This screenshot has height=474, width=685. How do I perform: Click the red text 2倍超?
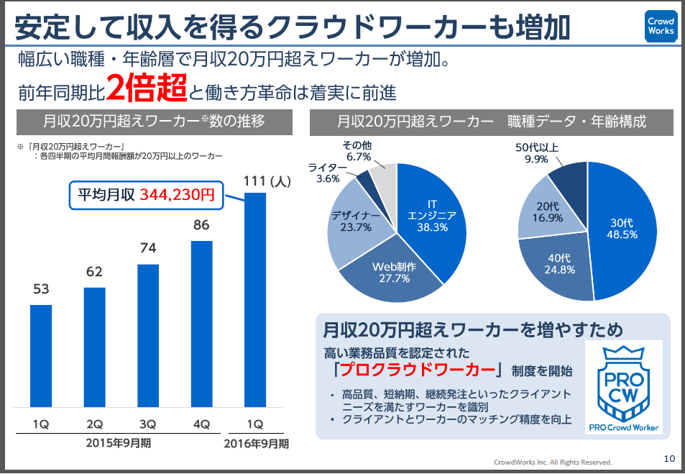point(147,88)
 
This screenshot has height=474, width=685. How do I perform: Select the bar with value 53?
point(41,356)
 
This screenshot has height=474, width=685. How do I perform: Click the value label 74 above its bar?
point(148,248)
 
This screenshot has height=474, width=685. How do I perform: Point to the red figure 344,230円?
point(177,194)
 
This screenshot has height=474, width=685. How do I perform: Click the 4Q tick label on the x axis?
point(201,424)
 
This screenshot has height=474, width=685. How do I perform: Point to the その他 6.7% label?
point(357,150)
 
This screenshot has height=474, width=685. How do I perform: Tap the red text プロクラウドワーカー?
point(420,370)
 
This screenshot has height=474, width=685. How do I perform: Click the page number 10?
point(668,458)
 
